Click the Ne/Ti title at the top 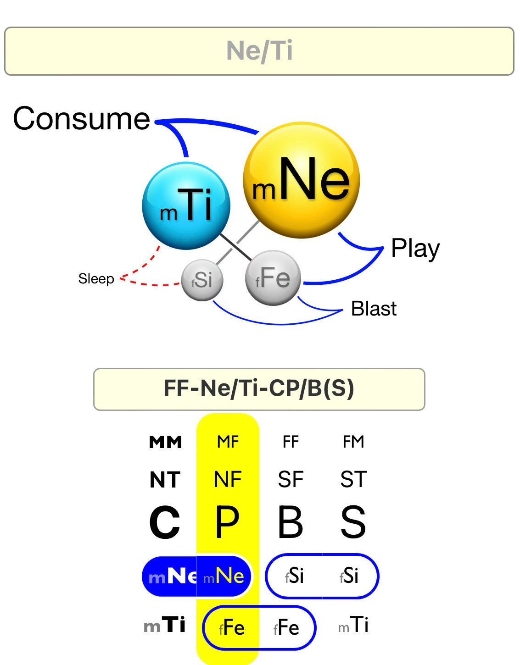(x=259, y=50)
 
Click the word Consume (x=81, y=118)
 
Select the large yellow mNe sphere (x=301, y=180)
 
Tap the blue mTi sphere (x=186, y=205)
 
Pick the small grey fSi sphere (x=202, y=280)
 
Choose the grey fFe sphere (x=273, y=277)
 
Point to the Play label (x=415, y=249)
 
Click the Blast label (x=374, y=309)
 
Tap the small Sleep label (x=96, y=278)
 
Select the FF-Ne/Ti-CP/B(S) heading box (x=259, y=389)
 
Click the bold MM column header (x=166, y=442)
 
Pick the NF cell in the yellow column (x=228, y=480)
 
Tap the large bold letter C (x=164, y=522)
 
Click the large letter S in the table (x=353, y=522)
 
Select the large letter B (x=291, y=522)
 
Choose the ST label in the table (x=353, y=480)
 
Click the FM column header (x=353, y=442)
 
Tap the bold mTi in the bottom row (x=165, y=625)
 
